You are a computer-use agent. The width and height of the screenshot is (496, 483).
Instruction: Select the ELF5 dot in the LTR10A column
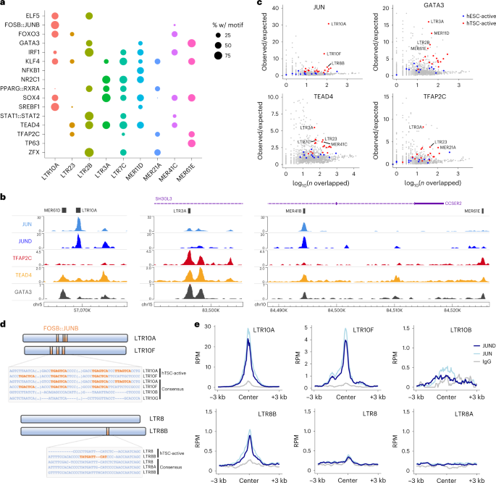[x=56, y=14]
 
